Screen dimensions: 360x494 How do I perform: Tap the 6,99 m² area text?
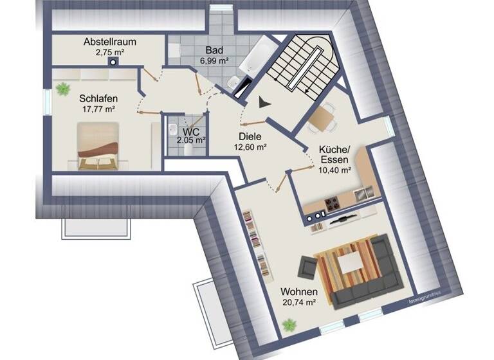(215, 61)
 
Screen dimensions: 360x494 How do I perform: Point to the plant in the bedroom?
(62, 89)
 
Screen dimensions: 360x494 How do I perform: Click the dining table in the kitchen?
(321, 117)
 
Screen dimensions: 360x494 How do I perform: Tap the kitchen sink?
(362, 192)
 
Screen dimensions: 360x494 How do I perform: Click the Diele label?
(252, 136)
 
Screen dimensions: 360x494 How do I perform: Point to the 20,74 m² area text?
(298, 301)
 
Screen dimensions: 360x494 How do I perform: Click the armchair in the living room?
(307, 267)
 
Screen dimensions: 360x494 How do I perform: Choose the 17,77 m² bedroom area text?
(98, 109)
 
